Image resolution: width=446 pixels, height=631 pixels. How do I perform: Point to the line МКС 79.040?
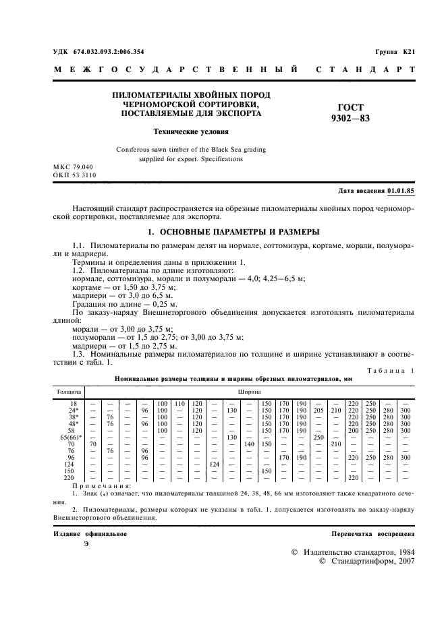coord(74,167)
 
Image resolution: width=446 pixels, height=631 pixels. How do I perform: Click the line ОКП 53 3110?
coord(74,175)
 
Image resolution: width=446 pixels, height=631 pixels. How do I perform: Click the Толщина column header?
coord(68,390)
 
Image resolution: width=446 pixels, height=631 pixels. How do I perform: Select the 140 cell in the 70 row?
coord(249,444)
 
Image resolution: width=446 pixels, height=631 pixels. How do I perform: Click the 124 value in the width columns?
coord(215,464)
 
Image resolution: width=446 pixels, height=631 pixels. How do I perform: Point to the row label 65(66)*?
coord(69,438)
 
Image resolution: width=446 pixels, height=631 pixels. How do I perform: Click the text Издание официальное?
coord(90,534)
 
